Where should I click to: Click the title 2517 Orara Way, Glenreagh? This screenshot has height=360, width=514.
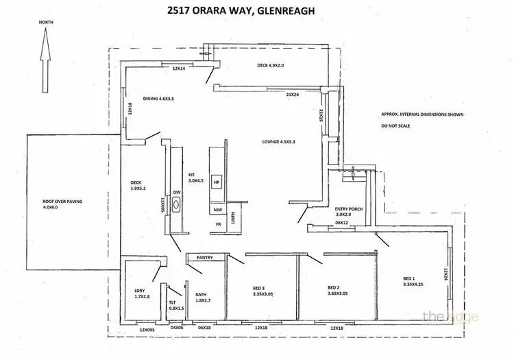tap(256, 10)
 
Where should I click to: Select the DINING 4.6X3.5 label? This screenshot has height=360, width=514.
tap(158, 98)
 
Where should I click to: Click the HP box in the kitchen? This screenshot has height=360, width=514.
tap(216, 182)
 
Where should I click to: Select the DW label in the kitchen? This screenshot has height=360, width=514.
tap(176, 193)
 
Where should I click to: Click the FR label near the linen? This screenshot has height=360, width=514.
tap(218, 224)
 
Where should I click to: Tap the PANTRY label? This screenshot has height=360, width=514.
tap(206, 258)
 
